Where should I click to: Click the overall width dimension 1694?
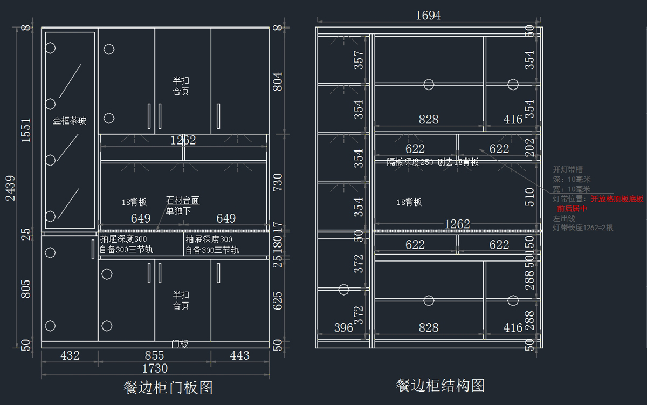click(428, 16)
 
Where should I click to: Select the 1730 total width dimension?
click(155, 368)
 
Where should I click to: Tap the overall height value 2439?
click(11, 188)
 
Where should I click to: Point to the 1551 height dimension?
click(26, 130)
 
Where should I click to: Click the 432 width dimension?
click(70, 355)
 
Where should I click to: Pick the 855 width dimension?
click(155, 355)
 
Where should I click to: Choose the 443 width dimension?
click(239, 355)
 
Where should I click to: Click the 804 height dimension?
click(278, 81)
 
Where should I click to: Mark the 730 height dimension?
click(278, 182)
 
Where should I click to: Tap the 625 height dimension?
click(278, 301)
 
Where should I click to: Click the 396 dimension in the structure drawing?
click(343, 327)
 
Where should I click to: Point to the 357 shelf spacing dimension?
click(359, 60)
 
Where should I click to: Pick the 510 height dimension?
click(529, 197)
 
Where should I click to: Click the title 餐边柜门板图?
click(168, 387)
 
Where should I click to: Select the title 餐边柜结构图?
click(440, 385)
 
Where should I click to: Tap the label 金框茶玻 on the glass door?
click(70, 121)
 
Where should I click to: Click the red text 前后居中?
click(572, 209)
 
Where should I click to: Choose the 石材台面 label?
click(183, 201)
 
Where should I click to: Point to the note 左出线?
click(564, 218)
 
